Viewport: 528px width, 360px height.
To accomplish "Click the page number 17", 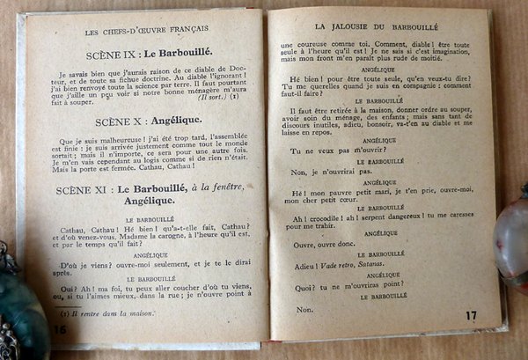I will click(x=472, y=314).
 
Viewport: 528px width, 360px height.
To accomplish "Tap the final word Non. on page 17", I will click(x=305, y=310).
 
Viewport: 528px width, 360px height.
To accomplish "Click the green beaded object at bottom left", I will click(x=19, y=317).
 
